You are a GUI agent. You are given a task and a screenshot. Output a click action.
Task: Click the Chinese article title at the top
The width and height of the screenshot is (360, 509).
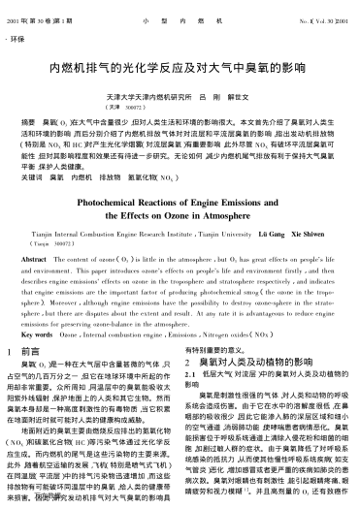point(180,75)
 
